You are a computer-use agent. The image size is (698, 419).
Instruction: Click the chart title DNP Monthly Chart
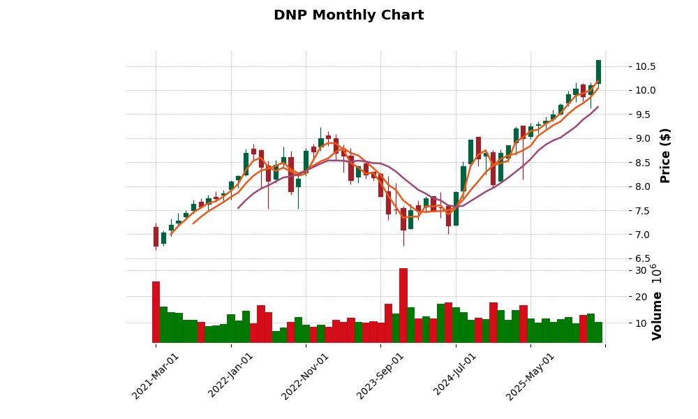pyautogui.click(x=348, y=15)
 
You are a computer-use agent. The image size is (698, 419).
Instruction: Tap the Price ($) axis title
pyautogui.click(x=665, y=155)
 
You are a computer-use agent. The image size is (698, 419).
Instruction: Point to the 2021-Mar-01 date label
pyautogui.click(x=156, y=375)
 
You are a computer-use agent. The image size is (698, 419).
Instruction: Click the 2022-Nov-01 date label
pyautogui.click(x=305, y=375)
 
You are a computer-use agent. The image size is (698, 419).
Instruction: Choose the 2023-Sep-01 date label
pyautogui.click(x=380, y=375)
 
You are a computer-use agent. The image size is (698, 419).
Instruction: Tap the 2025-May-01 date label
pyautogui.click(x=530, y=375)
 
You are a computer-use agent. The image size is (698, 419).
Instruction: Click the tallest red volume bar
pyautogui.click(x=403, y=305)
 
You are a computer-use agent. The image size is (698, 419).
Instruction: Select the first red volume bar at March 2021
pyautogui.click(x=156, y=311)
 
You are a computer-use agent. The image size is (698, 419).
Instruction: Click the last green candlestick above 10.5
pyautogui.click(x=598, y=71)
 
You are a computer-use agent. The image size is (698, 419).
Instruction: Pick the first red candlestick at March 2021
pyautogui.click(x=156, y=237)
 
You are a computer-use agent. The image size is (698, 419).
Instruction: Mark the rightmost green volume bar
pyautogui.click(x=598, y=332)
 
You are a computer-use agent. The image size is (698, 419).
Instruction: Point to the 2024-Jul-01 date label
pyautogui.click(x=455, y=375)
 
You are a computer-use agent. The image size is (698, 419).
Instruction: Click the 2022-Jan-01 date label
pyautogui.click(x=231, y=375)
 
